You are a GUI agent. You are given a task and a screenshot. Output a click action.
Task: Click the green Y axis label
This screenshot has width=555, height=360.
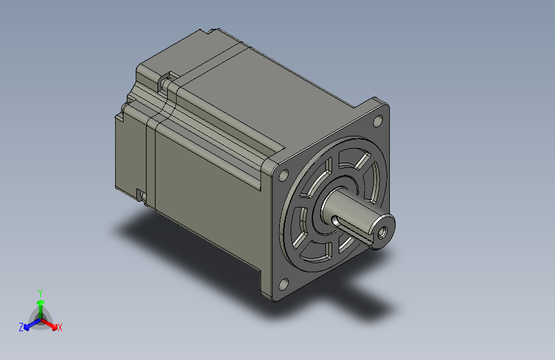(40, 293)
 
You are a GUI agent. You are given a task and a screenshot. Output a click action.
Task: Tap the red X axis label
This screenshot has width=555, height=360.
(60, 327)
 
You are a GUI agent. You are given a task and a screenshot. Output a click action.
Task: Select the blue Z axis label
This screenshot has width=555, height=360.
(21, 327)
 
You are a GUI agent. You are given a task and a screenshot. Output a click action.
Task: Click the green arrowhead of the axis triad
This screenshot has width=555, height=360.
(41, 302)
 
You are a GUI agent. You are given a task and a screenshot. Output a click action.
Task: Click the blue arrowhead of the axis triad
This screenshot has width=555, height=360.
(27, 327)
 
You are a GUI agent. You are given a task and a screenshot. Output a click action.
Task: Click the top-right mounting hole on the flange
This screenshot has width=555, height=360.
(378, 121)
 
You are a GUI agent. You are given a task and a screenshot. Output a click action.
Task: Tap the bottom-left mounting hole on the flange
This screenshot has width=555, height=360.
(283, 284)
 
